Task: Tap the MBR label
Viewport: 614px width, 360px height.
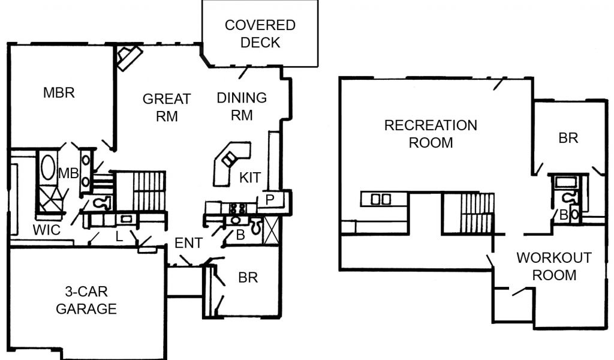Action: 59,93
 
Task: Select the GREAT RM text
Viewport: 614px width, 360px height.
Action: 167,107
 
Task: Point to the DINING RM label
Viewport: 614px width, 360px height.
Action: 241,106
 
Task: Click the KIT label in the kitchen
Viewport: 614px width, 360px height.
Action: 249,178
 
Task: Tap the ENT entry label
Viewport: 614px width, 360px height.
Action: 188,243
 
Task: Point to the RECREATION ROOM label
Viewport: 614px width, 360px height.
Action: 431,134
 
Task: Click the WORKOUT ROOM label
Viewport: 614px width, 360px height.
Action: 553,266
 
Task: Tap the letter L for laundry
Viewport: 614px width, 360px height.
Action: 119,237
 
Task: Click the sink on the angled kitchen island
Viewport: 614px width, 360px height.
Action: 229,159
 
